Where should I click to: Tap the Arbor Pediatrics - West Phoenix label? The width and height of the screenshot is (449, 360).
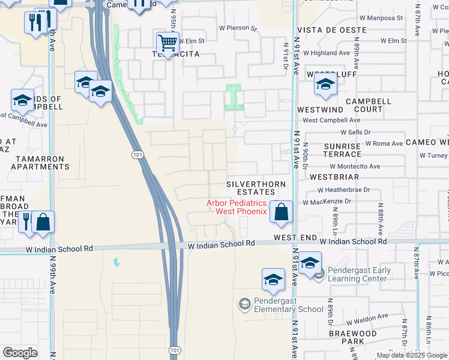pos(237,207)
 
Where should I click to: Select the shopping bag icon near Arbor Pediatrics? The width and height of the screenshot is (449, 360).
pos(281,212)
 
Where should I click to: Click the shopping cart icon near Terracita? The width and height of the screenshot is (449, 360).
pos(167,43)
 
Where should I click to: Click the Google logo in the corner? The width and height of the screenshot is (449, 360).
pos(20,353)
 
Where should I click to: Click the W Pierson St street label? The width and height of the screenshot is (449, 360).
pos(238,28)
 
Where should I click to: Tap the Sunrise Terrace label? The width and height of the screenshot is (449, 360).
pos(342,150)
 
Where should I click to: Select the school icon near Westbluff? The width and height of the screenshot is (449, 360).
pos(325,85)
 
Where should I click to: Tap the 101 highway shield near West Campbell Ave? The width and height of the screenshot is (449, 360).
pos(137,155)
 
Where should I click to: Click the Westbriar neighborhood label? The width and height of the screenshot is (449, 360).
pos(334,177)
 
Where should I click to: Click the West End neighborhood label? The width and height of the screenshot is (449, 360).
pos(295,238)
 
